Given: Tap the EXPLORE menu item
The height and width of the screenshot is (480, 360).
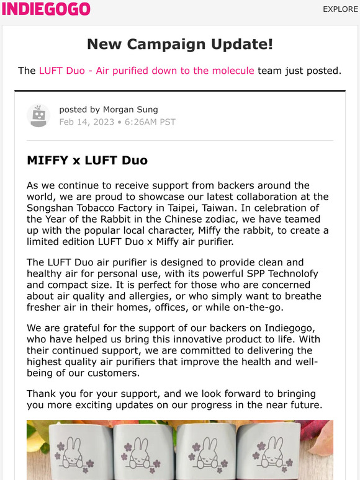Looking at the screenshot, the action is tap(340, 9).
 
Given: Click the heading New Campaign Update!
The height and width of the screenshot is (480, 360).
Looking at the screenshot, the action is tap(180, 44).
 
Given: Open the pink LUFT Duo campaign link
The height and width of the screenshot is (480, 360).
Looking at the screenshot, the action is tap(146, 70).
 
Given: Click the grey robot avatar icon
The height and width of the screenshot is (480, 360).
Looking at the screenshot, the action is tap(38, 115).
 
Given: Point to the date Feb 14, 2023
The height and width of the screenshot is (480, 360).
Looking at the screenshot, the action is tap(86, 122).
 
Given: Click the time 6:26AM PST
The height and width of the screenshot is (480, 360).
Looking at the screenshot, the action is tap(151, 122).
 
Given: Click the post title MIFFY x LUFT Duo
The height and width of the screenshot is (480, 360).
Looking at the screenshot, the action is tap(87, 160).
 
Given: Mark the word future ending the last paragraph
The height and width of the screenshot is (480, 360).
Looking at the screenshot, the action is tap(300, 405).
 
